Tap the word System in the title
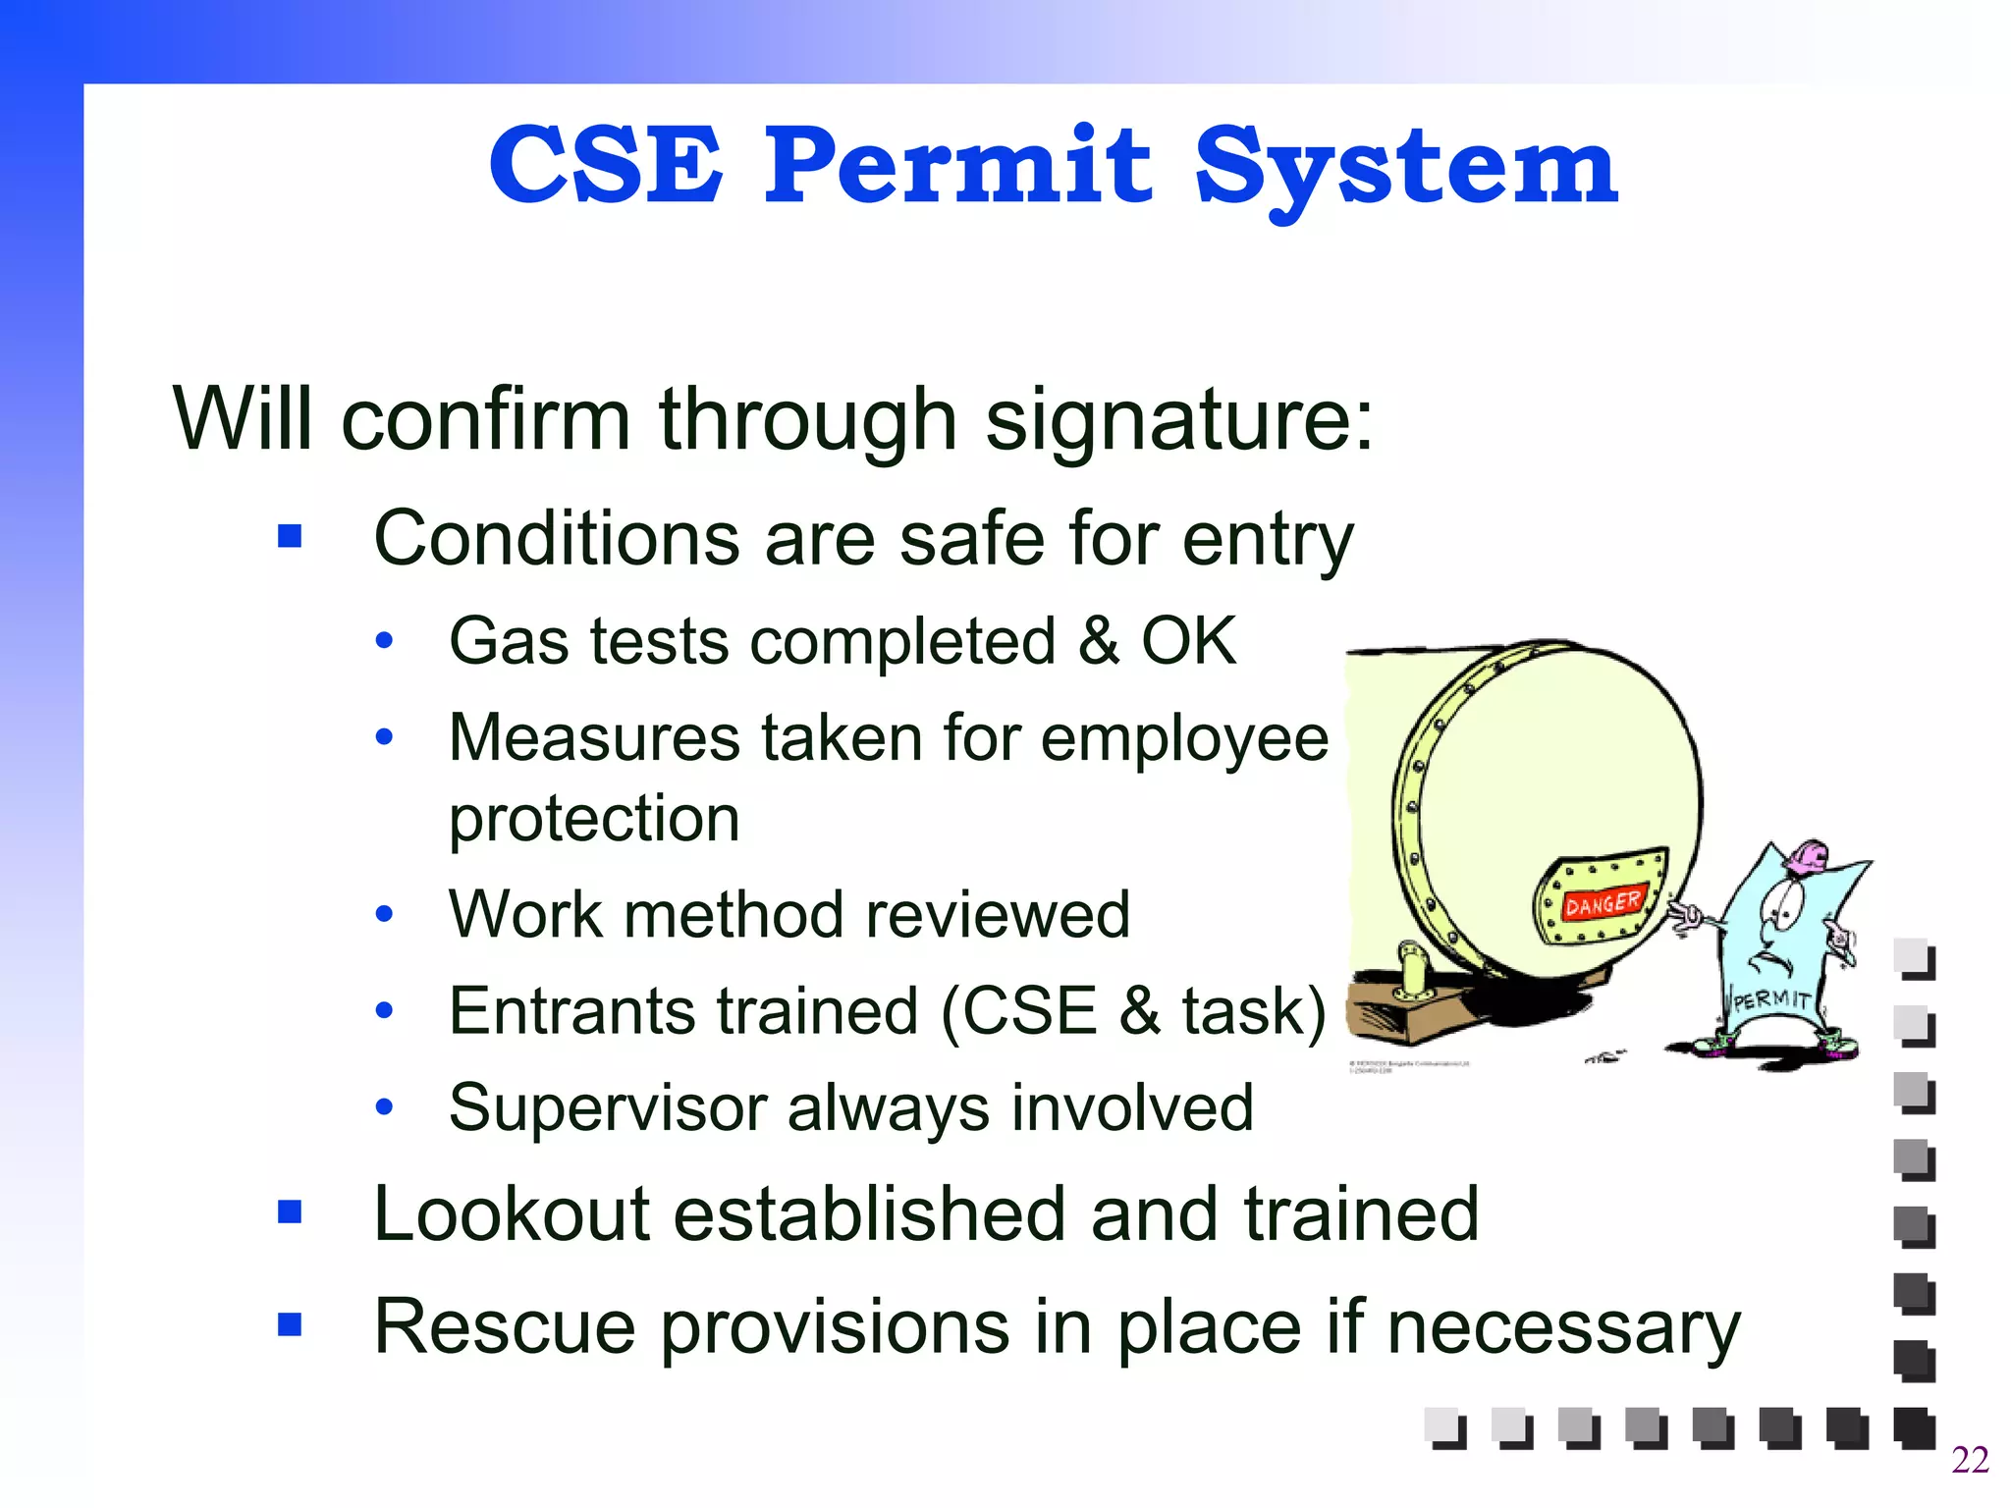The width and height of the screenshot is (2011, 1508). click(1404, 169)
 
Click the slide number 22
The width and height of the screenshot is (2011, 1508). click(1970, 1460)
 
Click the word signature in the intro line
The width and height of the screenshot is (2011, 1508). click(1178, 420)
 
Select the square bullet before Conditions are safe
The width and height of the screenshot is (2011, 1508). click(290, 536)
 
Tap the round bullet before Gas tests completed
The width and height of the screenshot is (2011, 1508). click(385, 641)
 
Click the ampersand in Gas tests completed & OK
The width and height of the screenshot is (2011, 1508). click(1099, 641)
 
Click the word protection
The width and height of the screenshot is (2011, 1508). click(594, 819)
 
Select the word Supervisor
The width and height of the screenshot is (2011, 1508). click(608, 1107)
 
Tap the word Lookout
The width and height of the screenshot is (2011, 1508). click(512, 1214)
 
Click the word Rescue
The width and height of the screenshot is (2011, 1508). click(505, 1326)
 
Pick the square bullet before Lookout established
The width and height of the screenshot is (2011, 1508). click(290, 1212)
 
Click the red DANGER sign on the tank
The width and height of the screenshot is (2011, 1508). click(1602, 901)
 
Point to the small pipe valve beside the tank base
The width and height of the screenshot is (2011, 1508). click(1412, 972)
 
